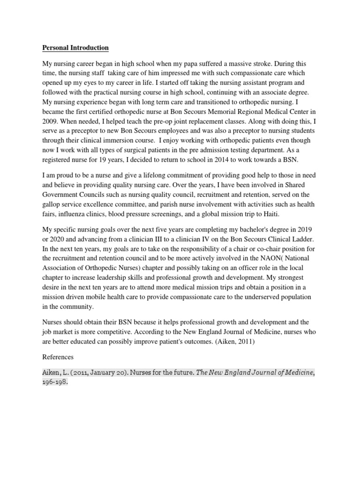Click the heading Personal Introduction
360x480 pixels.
[75, 48]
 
